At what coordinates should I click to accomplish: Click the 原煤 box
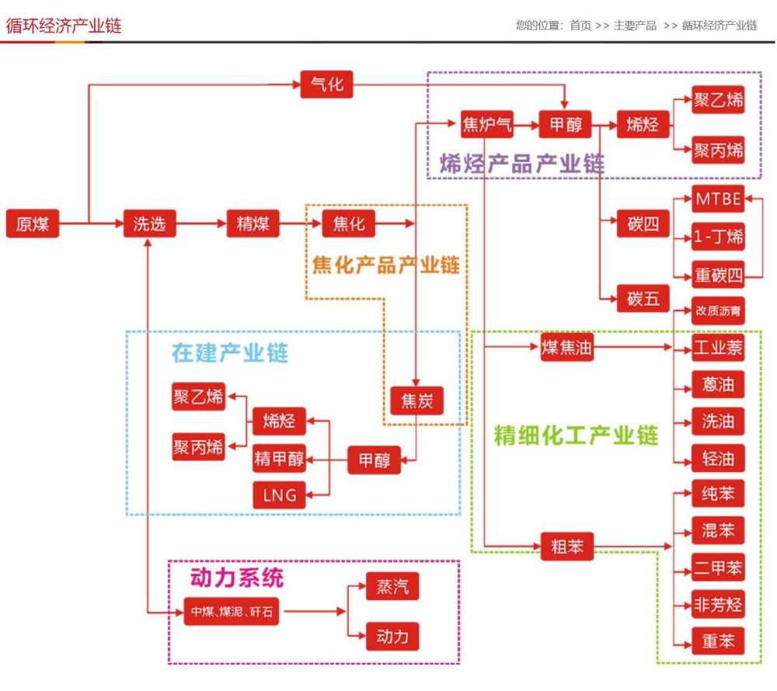33,224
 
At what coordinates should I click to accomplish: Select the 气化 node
326,84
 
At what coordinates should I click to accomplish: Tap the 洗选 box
149,224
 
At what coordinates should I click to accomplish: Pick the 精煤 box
253,224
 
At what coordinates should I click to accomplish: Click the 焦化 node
348,224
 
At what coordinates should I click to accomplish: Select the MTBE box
718,199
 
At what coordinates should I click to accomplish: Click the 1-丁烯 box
718,237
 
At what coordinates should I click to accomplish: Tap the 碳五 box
643,298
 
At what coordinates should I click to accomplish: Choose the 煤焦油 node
566,348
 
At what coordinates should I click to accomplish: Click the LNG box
279,495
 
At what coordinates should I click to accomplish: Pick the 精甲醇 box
279,460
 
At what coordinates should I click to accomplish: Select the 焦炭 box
416,401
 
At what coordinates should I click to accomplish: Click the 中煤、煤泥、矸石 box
232,612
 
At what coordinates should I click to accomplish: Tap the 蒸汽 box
392,586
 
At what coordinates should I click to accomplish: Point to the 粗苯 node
566,546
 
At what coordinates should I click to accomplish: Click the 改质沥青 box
718,311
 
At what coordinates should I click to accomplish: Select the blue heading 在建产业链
230,354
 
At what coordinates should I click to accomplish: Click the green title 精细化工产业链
576,435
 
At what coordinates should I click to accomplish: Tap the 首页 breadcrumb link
580,26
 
